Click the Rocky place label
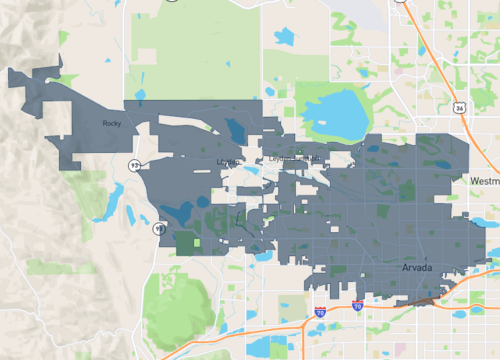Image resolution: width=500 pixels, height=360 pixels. click(111, 124)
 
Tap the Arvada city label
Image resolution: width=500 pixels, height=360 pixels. click(416, 269)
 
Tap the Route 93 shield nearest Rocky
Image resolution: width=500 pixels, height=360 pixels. click(134, 163)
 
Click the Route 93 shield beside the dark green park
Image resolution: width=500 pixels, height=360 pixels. click(158, 229)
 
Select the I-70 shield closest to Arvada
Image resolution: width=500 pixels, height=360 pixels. click(357, 307)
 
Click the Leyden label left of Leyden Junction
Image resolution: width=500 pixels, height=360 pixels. click(225, 161)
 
